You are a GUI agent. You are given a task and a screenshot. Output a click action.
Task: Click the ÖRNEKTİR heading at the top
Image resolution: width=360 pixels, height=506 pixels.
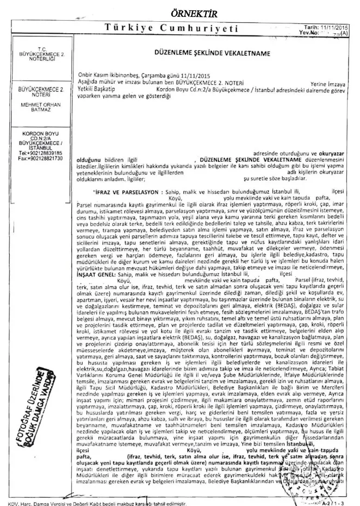pyautogui.click(x=180, y=11)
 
